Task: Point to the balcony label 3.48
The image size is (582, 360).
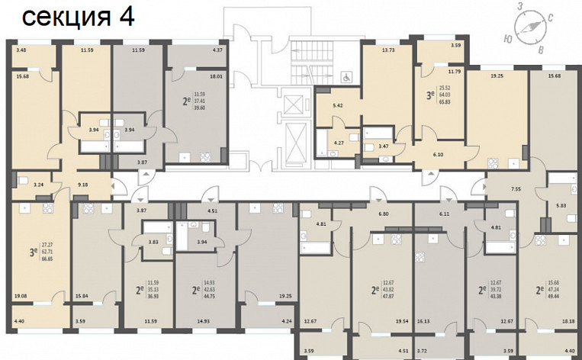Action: click(x=21, y=50)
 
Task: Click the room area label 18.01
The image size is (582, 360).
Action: click(x=216, y=76)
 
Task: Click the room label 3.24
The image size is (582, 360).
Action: click(x=39, y=184)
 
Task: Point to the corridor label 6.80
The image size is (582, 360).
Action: click(x=372, y=214)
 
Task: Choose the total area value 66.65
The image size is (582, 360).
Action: click(x=47, y=259)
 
